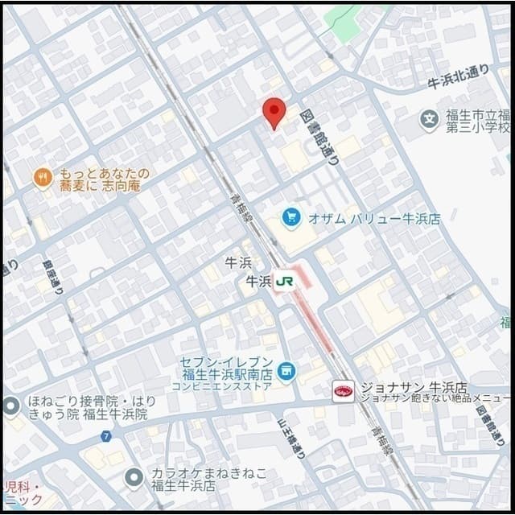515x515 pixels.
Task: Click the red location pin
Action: (x=274, y=111)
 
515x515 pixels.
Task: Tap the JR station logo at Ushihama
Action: (x=285, y=282)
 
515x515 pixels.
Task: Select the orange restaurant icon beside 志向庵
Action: (x=43, y=178)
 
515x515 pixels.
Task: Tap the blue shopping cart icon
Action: (x=290, y=217)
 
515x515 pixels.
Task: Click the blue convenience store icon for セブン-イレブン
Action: (x=286, y=371)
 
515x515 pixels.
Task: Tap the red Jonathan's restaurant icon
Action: (x=344, y=392)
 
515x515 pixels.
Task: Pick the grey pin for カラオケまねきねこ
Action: (x=134, y=479)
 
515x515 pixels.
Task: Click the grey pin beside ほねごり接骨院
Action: (x=10, y=406)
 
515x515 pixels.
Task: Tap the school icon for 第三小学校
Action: (x=430, y=122)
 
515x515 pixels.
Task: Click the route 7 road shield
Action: (x=106, y=436)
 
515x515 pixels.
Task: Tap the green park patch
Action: (x=344, y=22)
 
